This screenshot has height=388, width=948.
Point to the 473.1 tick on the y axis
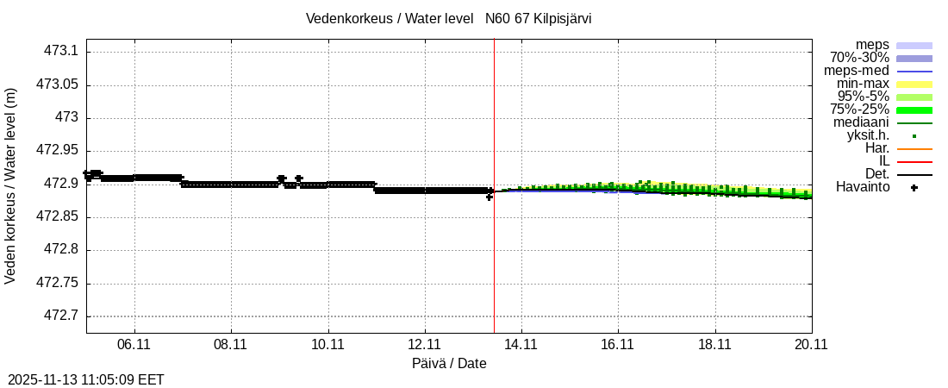point(60,51)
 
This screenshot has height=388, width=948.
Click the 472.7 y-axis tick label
point(60,316)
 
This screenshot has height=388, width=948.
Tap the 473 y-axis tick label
point(66,117)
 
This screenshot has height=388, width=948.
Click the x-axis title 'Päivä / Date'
point(449,364)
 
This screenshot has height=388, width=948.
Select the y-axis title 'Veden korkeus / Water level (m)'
point(11,185)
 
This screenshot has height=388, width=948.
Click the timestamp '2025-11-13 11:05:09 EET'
point(86,379)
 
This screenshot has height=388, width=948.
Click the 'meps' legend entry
point(872,45)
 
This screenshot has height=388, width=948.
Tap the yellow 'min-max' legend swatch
point(914,84)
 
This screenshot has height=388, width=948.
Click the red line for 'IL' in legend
point(914,161)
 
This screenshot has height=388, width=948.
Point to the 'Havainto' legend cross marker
point(914,187)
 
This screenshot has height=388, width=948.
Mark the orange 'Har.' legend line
point(914,148)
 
